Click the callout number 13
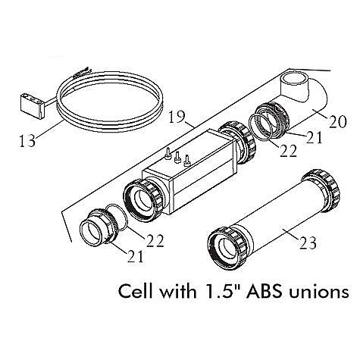click(27, 141)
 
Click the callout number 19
click(177, 117)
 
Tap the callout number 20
click(337, 122)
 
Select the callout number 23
click(308, 243)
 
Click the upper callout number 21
click(315, 137)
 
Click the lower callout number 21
click(135, 256)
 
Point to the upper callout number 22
click(288, 151)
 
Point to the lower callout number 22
click(155, 240)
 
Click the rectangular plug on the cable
click(33, 105)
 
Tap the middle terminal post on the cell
click(177, 157)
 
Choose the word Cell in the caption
click(136, 291)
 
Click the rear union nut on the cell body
click(237, 142)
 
